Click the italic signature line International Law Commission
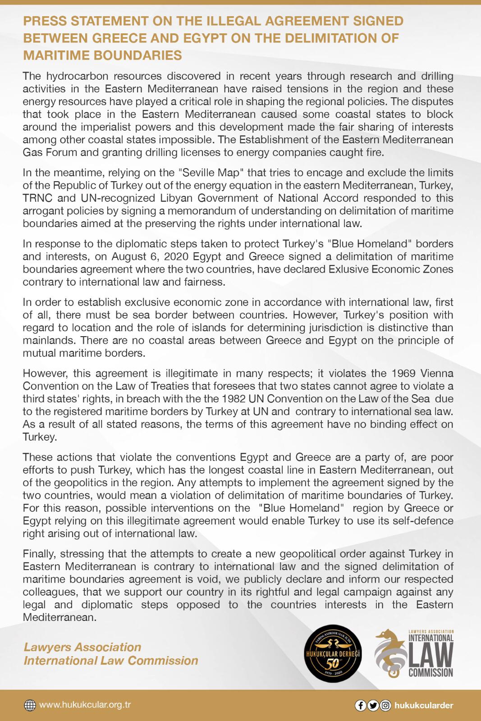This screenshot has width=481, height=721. [x=111, y=661]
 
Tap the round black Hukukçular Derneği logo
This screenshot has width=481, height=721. [x=334, y=654]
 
